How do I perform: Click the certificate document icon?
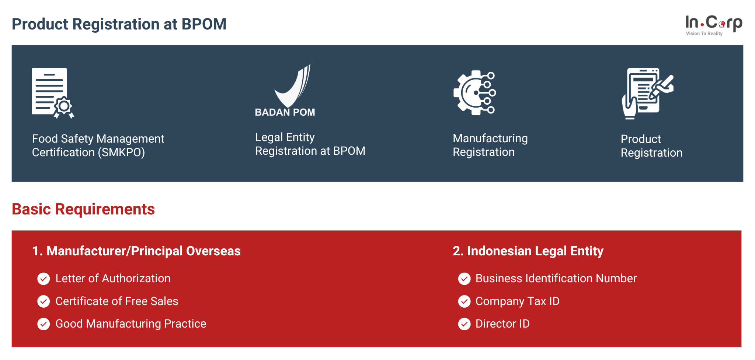[53, 93]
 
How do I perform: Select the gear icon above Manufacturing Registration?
[474, 93]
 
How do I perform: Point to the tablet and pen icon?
[647, 94]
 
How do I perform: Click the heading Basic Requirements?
[83, 209]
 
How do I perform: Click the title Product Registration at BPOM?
[119, 24]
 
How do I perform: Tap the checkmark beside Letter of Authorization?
[44, 279]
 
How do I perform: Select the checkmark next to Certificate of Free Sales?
[44, 301]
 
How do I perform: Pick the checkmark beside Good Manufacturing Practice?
[44, 324]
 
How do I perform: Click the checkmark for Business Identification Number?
[464, 279]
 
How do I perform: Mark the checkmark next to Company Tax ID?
[464, 301]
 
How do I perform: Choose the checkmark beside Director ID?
[464, 324]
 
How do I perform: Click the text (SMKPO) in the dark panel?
[122, 152]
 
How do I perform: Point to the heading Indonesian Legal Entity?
[535, 251]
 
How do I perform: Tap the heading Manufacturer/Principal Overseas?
[143, 251]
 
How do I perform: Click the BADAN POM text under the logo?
[285, 112]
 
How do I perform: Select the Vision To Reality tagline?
[704, 34]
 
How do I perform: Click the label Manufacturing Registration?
[490, 145]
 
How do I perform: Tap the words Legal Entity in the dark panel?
[285, 137]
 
